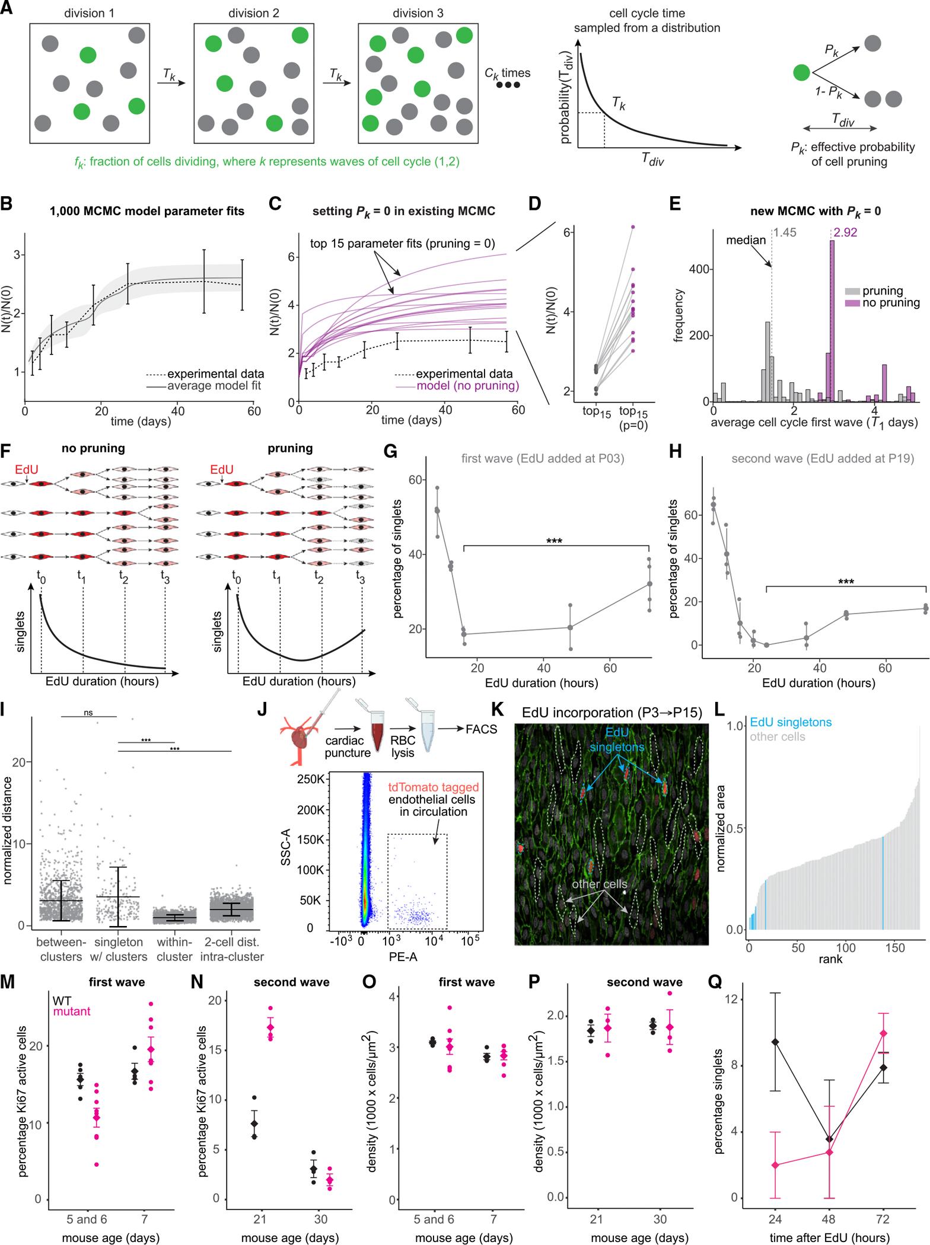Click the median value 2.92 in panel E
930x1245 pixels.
(845, 232)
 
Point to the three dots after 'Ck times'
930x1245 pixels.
(508, 85)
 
